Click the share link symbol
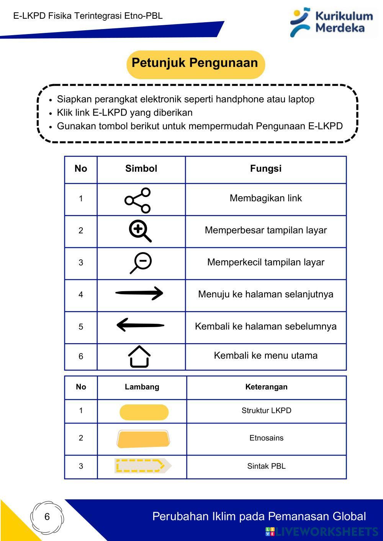tap(138, 200)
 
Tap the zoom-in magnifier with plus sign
tap(140, 231)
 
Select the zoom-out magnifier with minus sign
tap(141, 263)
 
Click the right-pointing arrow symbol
tap(139, 293)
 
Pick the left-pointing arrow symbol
tap(140, 326)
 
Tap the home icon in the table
tap(139, 357)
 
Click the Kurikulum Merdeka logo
tap(332, 22)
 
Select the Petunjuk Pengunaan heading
tap(195, 63)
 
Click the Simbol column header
tap(141, 169)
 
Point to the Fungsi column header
tap(266, 169)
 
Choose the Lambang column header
tap(142, 387)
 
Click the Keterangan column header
tap(266, 387)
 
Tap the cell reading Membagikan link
tap(266, 198)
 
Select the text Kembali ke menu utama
tap(266, 355)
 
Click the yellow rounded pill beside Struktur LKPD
tap(144, 412)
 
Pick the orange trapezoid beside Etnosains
tap(143, 439)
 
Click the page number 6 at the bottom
tap(47, 517)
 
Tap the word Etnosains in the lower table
tap(266, 438)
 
